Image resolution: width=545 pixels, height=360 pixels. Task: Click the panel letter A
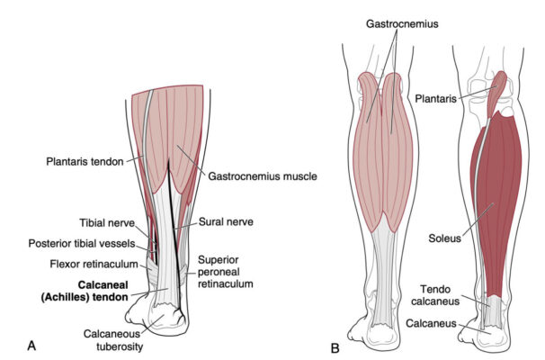[32, 345]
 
